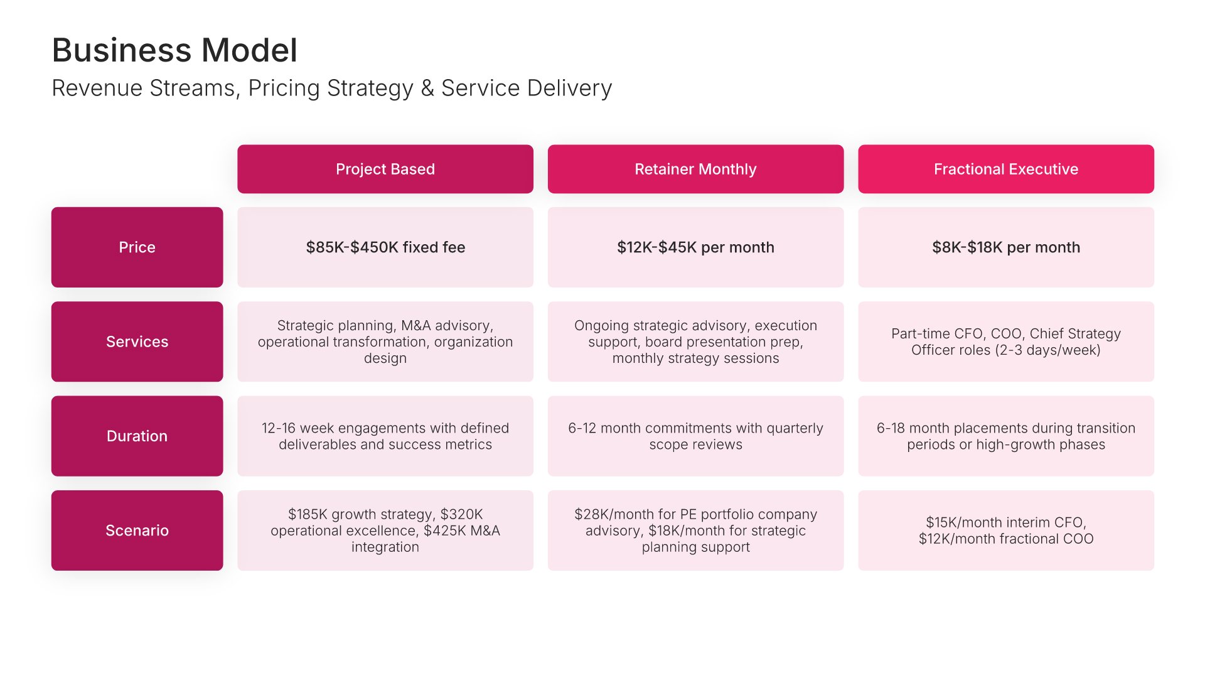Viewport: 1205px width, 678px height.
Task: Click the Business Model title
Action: click(174, 50)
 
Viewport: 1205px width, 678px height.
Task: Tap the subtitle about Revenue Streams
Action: click(332, 89)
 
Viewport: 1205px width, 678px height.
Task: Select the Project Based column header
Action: click(385, 169)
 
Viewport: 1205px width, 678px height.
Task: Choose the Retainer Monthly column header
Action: click(695, 169)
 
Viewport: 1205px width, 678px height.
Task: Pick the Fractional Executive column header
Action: click(1006, 169)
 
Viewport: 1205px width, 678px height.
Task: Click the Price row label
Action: click(137, 247)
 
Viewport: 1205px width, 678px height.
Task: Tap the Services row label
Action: click(137, 342)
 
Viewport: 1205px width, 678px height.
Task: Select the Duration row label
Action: click(137, 436)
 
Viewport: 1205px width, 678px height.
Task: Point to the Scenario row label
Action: click(137, 530)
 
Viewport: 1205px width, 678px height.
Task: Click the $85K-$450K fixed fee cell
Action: click(385, 247)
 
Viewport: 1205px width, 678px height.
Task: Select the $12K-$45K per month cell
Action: click(695, 247)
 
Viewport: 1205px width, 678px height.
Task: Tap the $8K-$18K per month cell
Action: click(1006, 247)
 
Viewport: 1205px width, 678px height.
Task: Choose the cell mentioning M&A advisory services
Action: click(385, 342)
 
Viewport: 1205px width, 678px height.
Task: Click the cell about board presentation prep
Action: click(695, 342)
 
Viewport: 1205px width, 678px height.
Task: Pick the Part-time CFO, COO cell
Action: click(1006, 342)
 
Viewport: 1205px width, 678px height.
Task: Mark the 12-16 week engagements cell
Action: click(385, 436)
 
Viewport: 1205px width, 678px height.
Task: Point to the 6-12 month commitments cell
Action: click(695, 436)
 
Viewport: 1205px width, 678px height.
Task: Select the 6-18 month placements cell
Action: click(1006, 436)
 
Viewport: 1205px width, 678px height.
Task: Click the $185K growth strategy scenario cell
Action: click(385, 530)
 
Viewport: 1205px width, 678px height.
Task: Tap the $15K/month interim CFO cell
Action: click(1006, 530)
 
